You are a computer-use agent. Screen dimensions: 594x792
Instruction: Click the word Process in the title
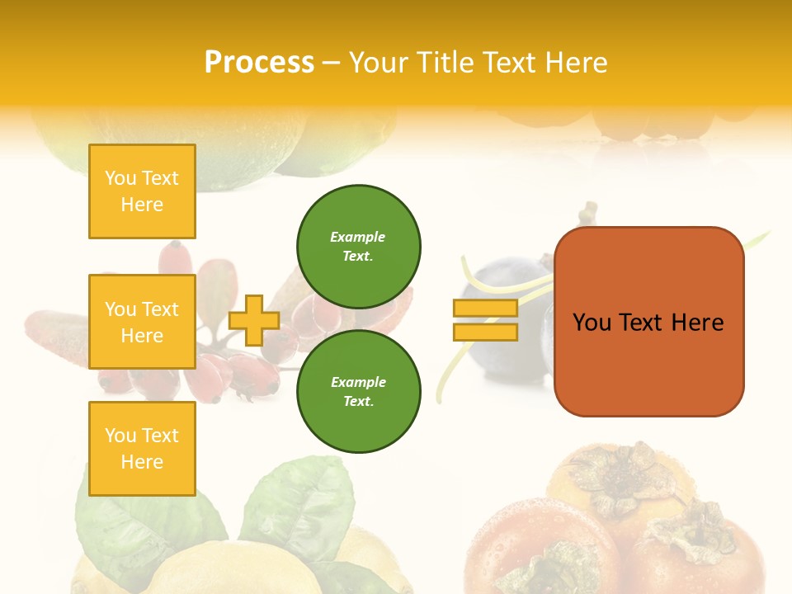259,63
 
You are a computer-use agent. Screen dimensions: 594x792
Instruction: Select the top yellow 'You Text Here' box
142,191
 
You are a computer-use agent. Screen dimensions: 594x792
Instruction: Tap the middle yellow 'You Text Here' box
142,322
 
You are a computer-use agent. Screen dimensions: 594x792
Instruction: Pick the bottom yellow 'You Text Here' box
142,448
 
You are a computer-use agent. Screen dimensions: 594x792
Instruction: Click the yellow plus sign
253,321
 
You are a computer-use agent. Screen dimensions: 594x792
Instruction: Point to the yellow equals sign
485,320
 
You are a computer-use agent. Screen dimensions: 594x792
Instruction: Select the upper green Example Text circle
359,246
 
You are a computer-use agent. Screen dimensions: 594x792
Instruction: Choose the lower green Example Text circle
359,391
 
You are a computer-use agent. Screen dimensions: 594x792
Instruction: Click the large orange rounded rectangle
649,363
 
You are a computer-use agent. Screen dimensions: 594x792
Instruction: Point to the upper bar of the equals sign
485,309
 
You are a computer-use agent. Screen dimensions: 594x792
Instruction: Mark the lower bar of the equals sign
485,332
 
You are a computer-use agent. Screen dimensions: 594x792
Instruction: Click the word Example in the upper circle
357,237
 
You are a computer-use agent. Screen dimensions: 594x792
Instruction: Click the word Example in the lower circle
358,382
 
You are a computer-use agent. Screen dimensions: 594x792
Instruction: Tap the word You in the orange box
591,323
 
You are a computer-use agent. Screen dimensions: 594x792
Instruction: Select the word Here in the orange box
697,323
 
